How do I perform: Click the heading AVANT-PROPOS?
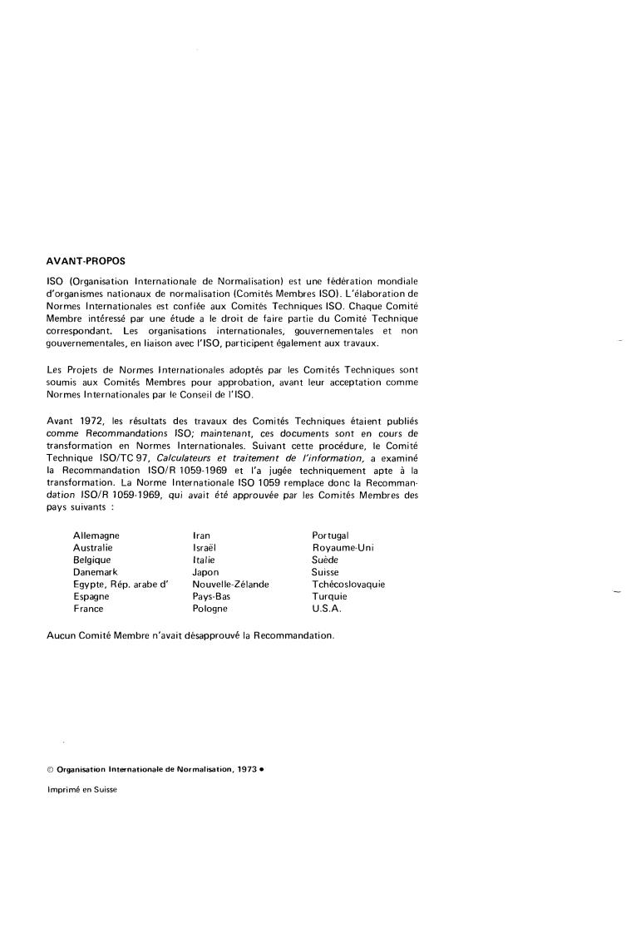(x=86, y=260)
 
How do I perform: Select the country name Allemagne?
(x=96, y=536)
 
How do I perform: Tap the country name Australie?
(x=93, y=548)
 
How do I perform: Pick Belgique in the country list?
(x=92, y=560)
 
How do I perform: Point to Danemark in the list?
(x=96, y=572)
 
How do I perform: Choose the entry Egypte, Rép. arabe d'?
(x=121, y=585)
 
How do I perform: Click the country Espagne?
(x=91, y=596)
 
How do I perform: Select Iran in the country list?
(x=200, y=536)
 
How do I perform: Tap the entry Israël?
(x=204, y=548)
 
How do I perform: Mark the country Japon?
(x=205, y=572)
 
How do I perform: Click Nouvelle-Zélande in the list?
(x=230, y=585)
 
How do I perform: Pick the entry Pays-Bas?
(x=211, y=596)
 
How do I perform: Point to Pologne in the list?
(x=210, y=609)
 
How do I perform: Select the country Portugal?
(x=330, y=536)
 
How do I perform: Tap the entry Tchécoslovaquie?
(x=348, y=585)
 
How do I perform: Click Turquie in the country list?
(x=329, y=596)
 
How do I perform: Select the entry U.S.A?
(x=326, y=609)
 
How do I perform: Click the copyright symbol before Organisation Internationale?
(x=51, y=770)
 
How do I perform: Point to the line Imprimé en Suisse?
(x=82, y=790)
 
